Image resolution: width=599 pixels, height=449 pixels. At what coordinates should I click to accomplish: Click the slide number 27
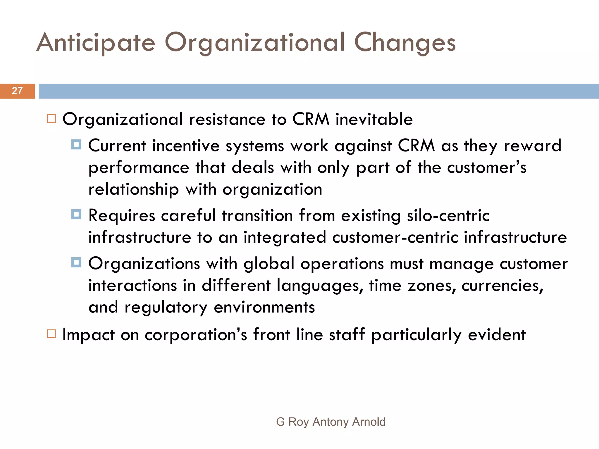(17, 91)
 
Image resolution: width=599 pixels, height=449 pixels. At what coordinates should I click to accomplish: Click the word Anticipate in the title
(96, 43)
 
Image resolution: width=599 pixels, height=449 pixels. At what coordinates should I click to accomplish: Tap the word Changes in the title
(405, 43)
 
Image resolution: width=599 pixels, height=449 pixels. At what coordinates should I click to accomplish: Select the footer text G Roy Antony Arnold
(331, 422)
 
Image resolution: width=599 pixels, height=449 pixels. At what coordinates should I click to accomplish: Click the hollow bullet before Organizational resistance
(51, 119)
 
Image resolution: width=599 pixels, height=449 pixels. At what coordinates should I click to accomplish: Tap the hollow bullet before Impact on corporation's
(51, 334)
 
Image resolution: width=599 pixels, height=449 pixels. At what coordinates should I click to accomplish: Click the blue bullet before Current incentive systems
(76, 144)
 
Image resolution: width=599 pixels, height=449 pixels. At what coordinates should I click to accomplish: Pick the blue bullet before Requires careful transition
(76, 214)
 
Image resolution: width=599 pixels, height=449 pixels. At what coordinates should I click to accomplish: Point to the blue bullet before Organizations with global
(76, 262)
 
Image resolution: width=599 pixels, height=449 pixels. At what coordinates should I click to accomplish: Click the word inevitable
(374, 119)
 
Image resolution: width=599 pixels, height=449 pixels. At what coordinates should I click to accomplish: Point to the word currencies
(502, 286)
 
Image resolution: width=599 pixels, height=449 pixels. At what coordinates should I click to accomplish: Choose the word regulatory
(166, 308)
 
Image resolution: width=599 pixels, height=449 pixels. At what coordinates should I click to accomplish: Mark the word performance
(139, 168)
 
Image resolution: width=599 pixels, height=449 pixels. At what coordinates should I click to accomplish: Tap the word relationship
(133, 189)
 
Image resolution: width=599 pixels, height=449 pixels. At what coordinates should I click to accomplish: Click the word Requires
(122, 216)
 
